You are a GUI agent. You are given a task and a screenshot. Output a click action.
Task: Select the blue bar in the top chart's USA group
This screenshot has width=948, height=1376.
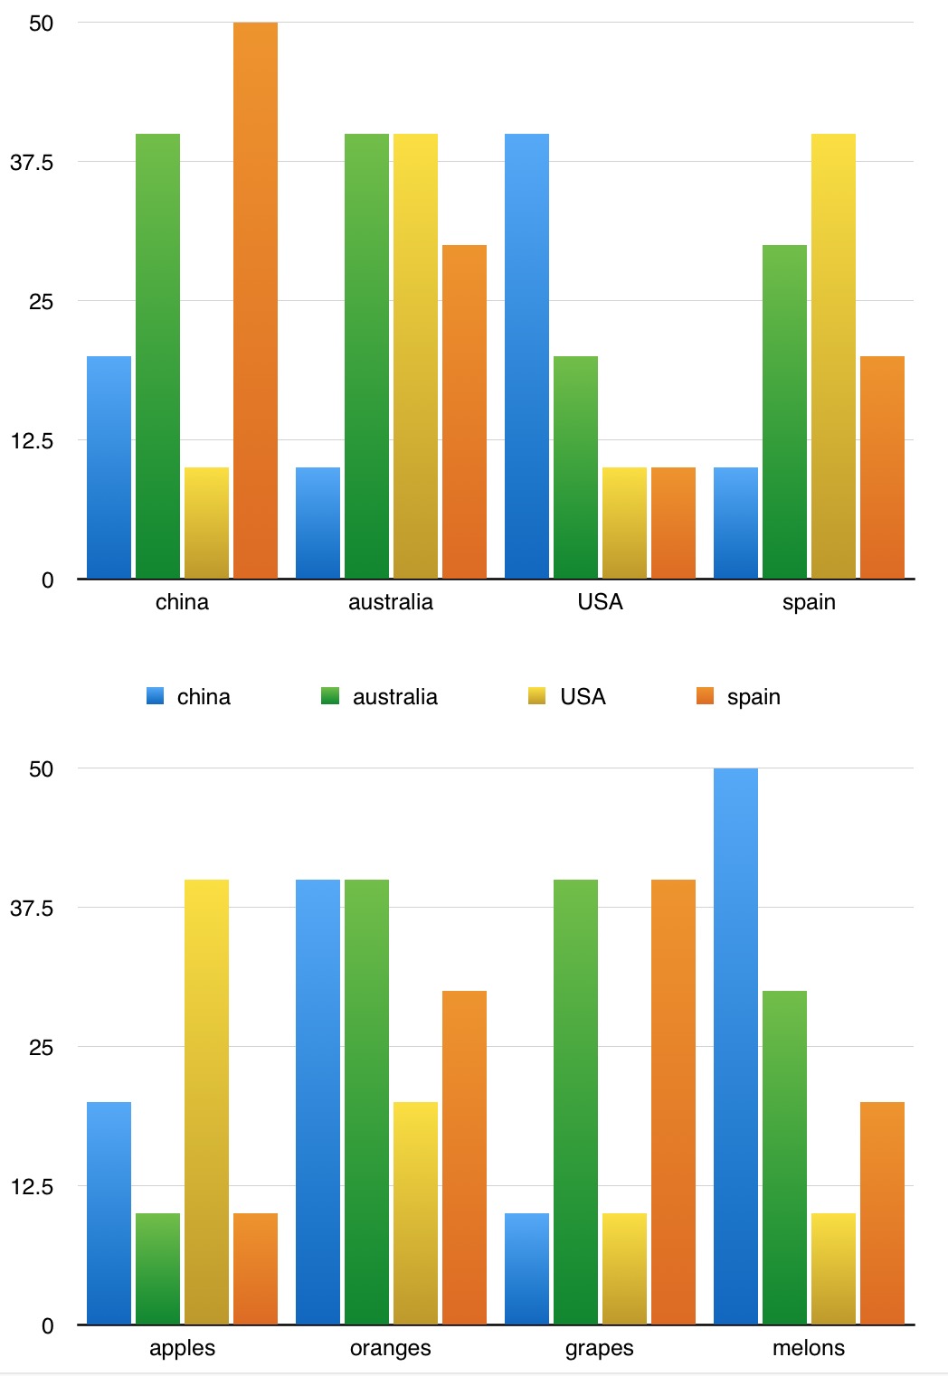point(526,356)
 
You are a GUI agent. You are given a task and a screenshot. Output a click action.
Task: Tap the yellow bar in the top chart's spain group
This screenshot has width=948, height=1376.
point(833,356)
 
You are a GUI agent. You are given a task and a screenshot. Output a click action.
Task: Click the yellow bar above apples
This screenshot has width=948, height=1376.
point(206,1102)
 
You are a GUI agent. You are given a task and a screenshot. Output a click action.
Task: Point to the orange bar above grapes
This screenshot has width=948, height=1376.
point(673,1102)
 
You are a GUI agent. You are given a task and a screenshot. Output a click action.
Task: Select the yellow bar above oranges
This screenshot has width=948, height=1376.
point(415,1213)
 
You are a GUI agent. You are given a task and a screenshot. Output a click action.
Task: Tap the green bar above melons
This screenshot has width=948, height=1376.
point(784,1157)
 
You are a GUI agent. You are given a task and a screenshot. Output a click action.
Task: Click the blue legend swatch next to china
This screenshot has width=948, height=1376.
point(156,696)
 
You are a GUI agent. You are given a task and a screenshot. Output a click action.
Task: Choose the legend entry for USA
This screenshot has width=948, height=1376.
point(583,697)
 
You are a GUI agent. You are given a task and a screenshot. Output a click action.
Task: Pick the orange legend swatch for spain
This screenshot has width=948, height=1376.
point(706,696)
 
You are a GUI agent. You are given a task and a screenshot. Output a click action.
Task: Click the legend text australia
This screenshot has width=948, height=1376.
point(394,697)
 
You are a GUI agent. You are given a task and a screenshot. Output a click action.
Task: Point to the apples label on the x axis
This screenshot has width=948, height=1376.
point(182,1348)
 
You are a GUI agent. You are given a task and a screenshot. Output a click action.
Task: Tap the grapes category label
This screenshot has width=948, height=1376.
point(599,1348)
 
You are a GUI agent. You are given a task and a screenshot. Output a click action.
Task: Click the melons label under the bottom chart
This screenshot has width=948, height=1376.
point(808,1348)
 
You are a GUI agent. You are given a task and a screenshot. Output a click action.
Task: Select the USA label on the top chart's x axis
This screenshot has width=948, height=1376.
point(600,602)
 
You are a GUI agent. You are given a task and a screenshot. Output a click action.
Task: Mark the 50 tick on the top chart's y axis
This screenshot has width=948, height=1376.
point(42,24)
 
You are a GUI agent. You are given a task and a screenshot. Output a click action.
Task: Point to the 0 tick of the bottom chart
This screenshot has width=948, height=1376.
point(48,1326)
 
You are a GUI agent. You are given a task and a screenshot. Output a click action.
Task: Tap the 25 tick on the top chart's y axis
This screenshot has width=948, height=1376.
point(42,302)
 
